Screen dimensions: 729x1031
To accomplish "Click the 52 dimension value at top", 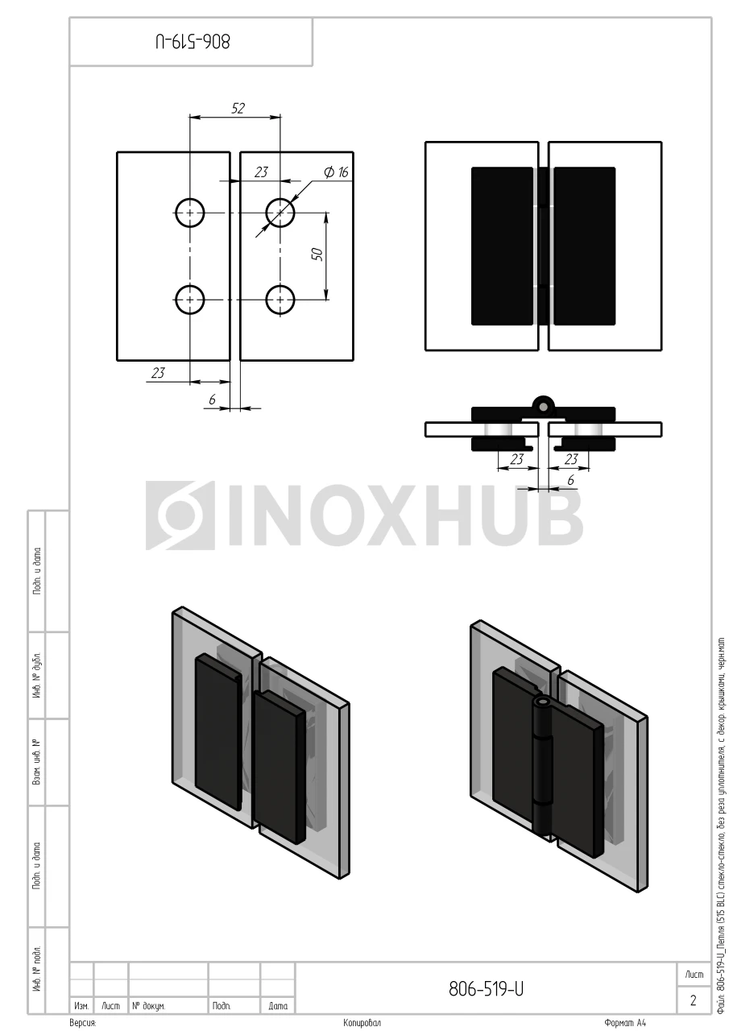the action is (x=238, y=108).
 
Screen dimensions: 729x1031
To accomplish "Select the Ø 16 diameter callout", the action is (x=336, y=172).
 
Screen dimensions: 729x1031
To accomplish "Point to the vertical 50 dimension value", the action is (x=317, y=254).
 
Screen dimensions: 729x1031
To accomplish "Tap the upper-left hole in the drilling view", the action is (x=189, y=213).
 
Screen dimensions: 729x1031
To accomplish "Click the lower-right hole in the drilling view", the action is (x=280, y=300).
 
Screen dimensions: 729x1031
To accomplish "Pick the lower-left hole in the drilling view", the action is (x=189, y=300).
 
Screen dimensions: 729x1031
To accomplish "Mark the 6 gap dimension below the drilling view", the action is (x=212, y=399).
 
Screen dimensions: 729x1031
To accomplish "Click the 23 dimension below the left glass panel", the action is (x=158, y=372).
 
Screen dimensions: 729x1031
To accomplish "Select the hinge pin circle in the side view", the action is (x=544, y=407).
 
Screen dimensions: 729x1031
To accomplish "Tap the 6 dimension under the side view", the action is (x=570, y=480).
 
